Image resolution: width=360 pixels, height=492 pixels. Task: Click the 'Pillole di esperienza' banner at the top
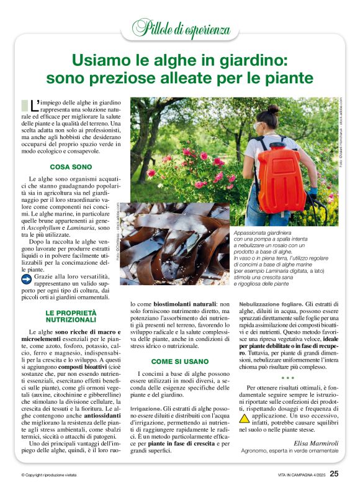(179, 27)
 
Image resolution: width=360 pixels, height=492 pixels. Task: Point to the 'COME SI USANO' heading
(179, 361)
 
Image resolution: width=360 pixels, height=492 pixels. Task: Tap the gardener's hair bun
(274, 109)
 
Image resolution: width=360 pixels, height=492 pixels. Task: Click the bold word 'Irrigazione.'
(148, 409)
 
